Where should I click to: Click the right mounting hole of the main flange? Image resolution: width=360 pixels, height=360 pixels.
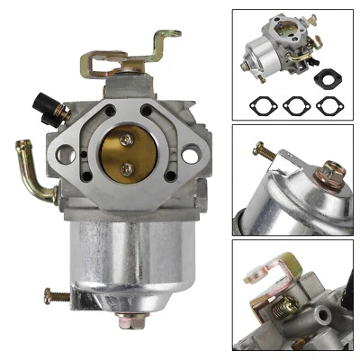coord(190,155)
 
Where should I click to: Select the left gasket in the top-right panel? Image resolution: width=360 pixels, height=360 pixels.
coord(261,104)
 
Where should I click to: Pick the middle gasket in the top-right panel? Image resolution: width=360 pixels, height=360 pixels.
coord(295,104)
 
